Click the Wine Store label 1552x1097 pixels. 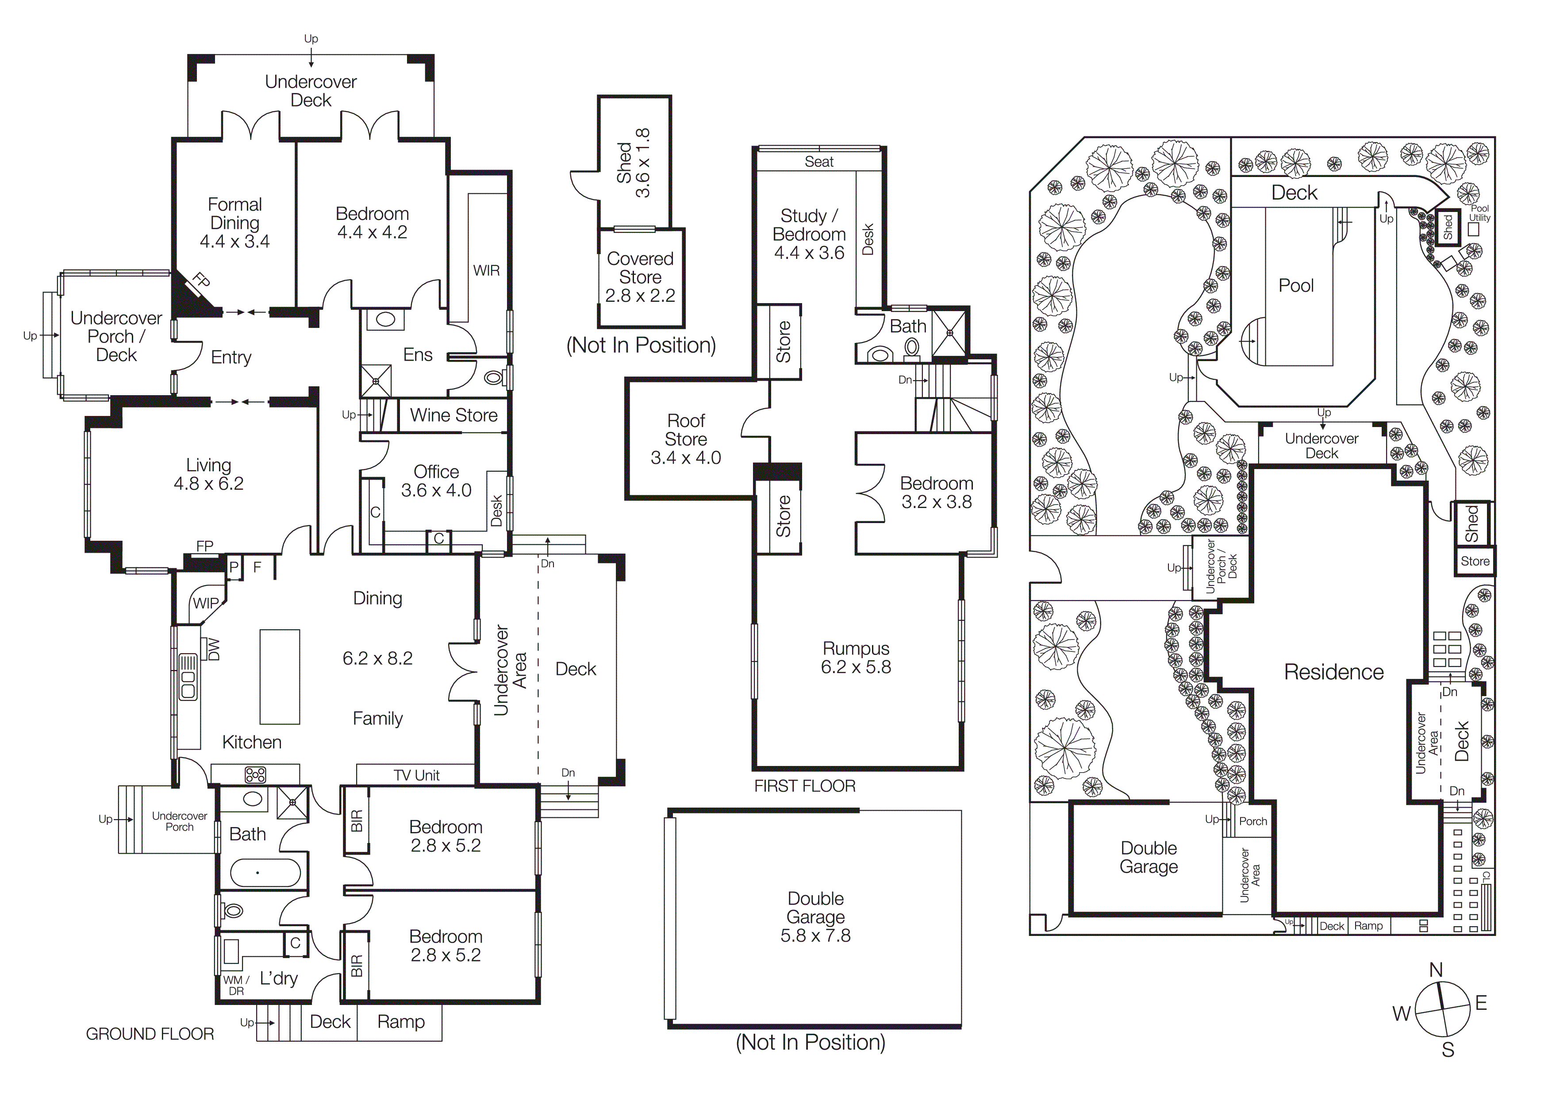[453, 415]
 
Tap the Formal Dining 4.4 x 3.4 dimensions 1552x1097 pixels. [234, 241]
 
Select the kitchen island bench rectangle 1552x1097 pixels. [280, 677]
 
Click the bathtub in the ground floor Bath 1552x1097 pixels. [265, 873]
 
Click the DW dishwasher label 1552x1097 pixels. [213, 650]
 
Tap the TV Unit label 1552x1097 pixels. [416, 775]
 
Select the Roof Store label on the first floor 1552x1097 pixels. [685, 430]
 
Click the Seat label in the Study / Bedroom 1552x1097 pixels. [818, 162]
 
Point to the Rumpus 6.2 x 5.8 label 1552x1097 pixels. [856, 658]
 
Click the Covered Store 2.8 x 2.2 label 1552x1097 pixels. [640, 277]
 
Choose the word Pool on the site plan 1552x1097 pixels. [1296, 285]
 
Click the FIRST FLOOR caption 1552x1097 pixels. [804, 785]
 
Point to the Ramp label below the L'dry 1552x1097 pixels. [401, 1021]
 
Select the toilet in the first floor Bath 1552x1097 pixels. [911, 347]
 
